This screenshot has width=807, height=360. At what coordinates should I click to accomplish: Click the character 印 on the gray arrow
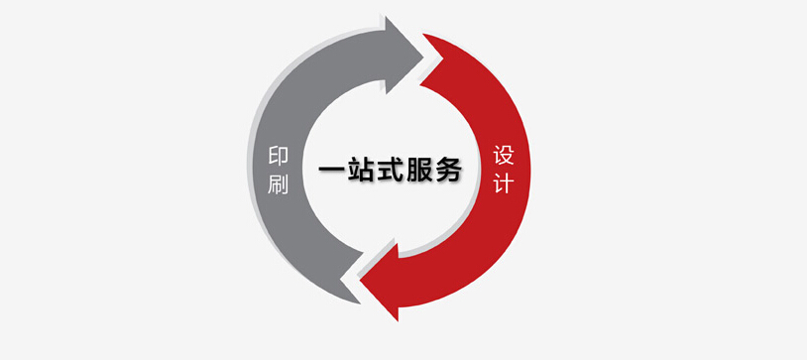pyautogui.click(x=278, y=157)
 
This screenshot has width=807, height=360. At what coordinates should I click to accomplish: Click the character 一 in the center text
pyautogui.click(x=331, y=170)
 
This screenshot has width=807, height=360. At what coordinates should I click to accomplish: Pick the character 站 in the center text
pyautogui.click(x=360, y=170)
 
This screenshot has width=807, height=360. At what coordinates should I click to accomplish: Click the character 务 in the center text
pyautogui.click(x=448, y=170)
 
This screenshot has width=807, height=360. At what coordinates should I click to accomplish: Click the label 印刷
pyautogui.click(x=278, y=170)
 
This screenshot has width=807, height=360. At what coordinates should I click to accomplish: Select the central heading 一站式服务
pyautogui.click(x=390, y=170)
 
